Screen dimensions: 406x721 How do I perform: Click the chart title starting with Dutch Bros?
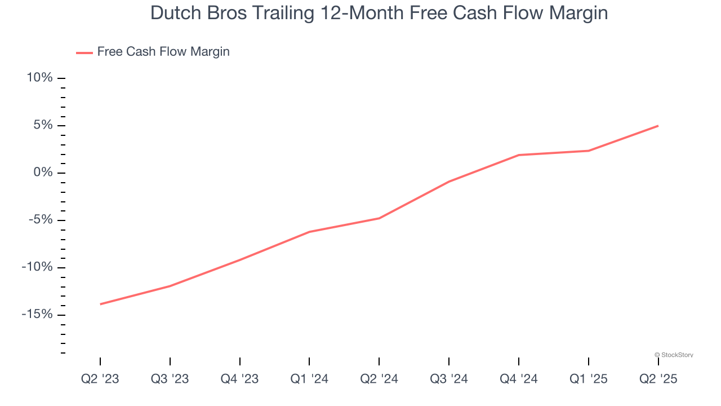[x=379, y=14]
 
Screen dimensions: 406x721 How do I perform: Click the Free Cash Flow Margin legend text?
[x=163, y=52]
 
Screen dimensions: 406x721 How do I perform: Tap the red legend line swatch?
[x=84, y=52]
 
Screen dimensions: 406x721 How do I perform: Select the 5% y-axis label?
[x=43, y=125]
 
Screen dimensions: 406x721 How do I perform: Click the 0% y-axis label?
[x=43, y=173]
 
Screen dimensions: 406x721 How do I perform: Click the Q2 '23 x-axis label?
[x=100, y=379]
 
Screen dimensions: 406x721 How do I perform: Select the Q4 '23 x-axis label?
[x=240, y=379]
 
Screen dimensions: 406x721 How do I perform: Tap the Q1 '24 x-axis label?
[x=309, y=379]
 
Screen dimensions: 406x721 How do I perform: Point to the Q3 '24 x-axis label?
[x=449, y=379]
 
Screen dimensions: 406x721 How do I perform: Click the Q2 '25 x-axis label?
[x=658, y=379]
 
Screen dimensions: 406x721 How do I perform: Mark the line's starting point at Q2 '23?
[x=100, y=304]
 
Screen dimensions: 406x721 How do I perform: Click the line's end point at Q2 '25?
[x=658, y=126]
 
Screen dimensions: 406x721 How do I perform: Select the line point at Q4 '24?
[x=519, y=155]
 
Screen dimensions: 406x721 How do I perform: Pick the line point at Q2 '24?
[x=379, y=218]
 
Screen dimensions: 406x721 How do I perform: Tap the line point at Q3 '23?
[x=170, y=286]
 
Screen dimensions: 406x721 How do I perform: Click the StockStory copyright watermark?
[x=674, y=355]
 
